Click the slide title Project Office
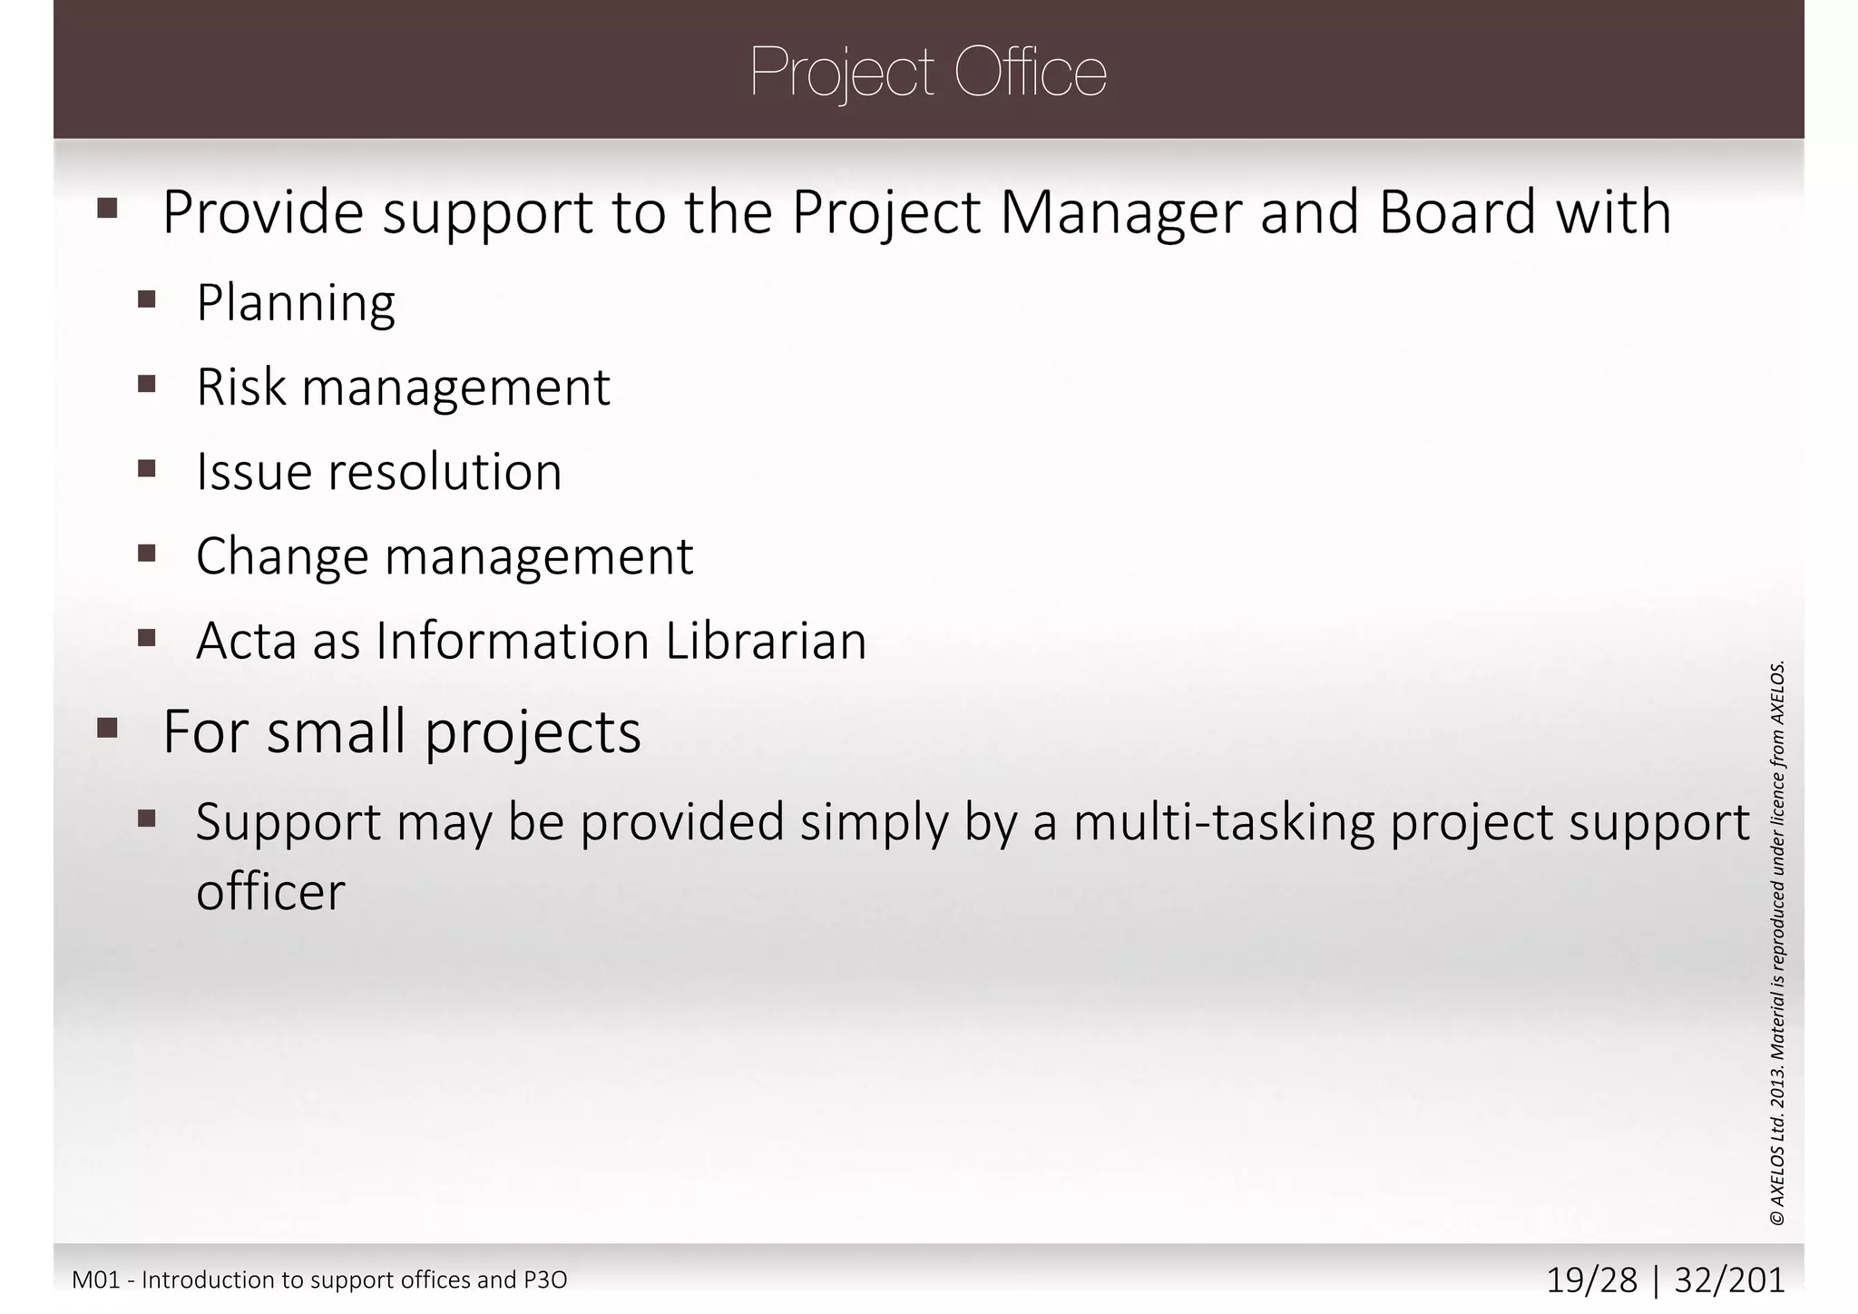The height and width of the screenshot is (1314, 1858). pyautogui.click(x=928, y=73)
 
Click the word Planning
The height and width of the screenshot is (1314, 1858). pyautogui.click(x=296, y=303)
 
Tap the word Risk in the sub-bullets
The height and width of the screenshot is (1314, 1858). pyautogui.click(x=240, y=387)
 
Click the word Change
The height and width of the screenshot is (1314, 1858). pyautogui.click(x=282, y=556)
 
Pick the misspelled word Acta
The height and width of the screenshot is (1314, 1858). pyautogui.click(x=246, y=641)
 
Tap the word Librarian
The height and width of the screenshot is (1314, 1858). pyautogui.click(x=766, y=641)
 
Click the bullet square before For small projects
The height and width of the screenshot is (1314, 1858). pyautogui.click(x=107, y=728)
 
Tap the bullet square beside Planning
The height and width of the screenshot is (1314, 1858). pyautogui.click(x=147, y=299)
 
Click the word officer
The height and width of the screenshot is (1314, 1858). pyautogui.click(x=270, y=892)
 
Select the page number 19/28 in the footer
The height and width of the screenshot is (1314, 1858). pyautogui.click(x=1591, y=1280)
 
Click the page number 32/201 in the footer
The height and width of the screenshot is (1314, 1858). pyautogui.click(x=1729, y=1280)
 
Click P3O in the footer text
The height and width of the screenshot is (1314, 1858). pyautogui.click(x=545, y=1280)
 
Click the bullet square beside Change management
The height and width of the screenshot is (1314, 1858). pyautogui.click(x=147, y=553)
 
